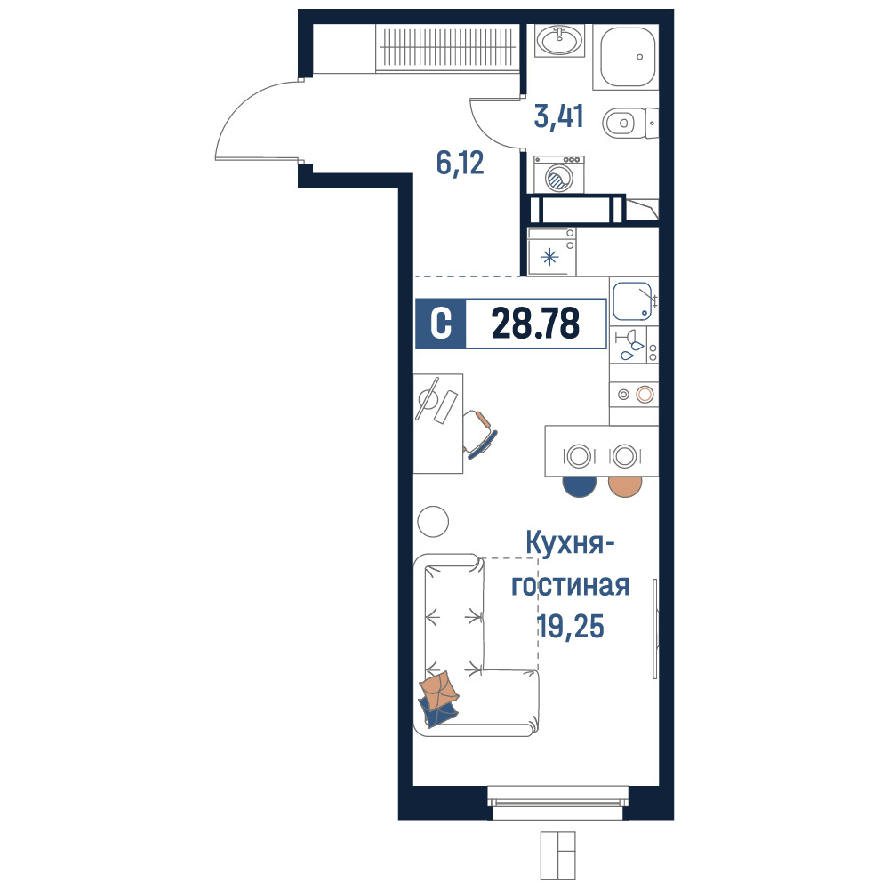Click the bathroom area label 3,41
(558, 116)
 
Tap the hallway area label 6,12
(460, 164)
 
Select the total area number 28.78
(536, 324)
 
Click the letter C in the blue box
(441, 324)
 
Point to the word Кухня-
(570, 543)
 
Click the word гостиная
(571, 585)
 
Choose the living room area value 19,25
(571, 627)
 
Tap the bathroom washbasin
(559, 40)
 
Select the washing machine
(559, 174)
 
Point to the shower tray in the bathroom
(626, 57)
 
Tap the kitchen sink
(632, 301)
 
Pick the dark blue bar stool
(580, 486)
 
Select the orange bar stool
(625, 486)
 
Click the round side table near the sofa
(433, 521)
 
